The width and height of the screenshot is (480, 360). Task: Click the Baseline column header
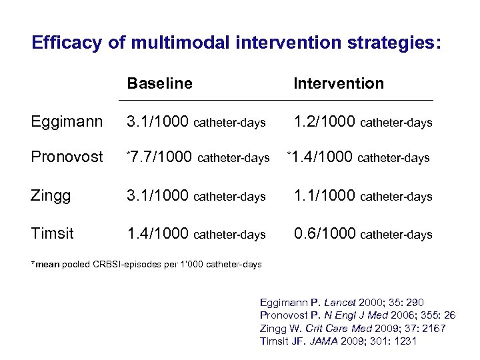(159, 83)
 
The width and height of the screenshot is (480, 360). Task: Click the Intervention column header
(339, 83)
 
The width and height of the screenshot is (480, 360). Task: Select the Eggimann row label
(67, 122)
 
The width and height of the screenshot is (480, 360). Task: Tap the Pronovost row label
(67, 157)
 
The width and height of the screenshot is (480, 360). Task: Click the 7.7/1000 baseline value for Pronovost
(161, 157)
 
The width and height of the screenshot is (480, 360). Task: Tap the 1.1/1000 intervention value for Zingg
(325, 196)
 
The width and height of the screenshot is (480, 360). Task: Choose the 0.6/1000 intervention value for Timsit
(325, 234)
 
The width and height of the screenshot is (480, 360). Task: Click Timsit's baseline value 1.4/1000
(159, 234)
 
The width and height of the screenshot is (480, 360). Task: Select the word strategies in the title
(388, 43)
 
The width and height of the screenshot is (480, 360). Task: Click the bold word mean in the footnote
(47, 265)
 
